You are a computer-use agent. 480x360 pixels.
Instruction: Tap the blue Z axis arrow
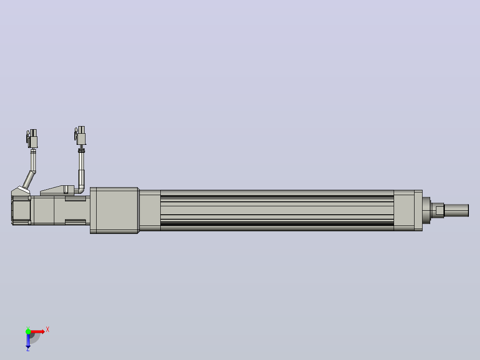coord(28,340)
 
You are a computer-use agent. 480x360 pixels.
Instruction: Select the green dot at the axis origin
coord(28,331)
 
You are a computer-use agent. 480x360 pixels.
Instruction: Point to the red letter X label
coord(48,330)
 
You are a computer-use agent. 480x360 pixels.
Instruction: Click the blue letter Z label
coord(28,349)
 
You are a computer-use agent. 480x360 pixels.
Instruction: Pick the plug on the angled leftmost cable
coord(32,139)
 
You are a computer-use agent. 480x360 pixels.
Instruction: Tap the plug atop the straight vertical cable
coord(80,135)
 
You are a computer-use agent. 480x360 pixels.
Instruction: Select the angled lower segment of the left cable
coord(29,180)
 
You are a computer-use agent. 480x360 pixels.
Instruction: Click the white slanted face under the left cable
coord(24,190)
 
